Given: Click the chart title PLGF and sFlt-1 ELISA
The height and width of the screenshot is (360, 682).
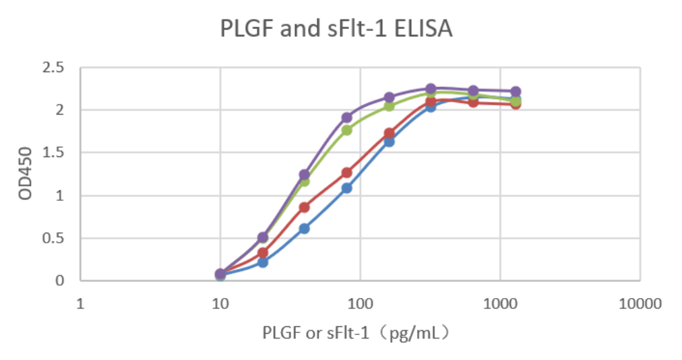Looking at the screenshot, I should (x=337, y=29).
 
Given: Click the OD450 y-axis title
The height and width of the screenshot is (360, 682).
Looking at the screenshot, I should (x=26, y=174).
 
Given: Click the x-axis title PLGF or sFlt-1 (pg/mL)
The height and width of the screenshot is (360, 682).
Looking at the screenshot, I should (x=356, y=332).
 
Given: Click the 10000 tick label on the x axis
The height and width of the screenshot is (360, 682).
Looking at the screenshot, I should (x=640, y=304).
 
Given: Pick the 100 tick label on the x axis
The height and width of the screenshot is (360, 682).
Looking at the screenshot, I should (x=360, y=304).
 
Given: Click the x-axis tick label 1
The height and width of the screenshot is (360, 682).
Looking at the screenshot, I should (x=80, y=304).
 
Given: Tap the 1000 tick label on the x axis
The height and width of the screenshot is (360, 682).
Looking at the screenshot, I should (x=500, y=304).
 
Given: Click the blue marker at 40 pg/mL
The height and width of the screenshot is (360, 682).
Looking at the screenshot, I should (x=304, y=229).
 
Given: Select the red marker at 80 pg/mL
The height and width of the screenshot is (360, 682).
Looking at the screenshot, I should (x=346, y=173).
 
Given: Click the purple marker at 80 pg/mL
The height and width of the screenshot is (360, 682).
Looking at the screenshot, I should (x=346, y=117).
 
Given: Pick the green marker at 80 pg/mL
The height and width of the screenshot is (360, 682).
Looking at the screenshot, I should (x=346, y=130).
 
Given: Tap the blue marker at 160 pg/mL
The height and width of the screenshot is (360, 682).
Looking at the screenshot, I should (x=389, y=142).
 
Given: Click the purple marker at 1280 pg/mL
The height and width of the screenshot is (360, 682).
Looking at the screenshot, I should (x=516, y=92).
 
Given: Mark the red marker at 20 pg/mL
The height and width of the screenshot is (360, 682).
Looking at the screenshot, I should (x=262, y=253).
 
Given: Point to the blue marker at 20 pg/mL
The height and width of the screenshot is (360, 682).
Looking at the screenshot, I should (x=262, y=262).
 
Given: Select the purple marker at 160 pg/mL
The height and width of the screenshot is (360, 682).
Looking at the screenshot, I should (x=389, y=97).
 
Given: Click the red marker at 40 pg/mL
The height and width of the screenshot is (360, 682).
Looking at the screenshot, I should (x=304, y=207).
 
